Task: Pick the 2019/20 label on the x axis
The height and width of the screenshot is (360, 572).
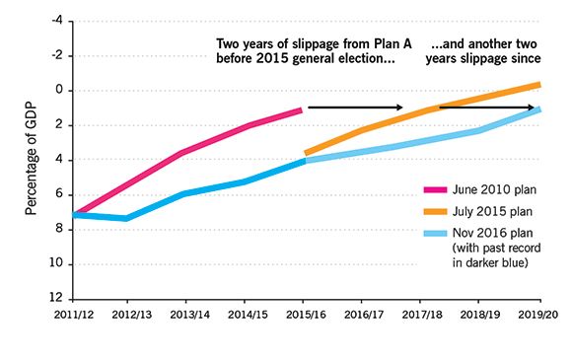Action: tap(538, 314)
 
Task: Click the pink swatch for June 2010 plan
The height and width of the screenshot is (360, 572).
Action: tap(433, 188)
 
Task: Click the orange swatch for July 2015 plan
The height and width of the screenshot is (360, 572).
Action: tap(433, 210)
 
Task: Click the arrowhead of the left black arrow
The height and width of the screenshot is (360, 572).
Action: tap(399, 107)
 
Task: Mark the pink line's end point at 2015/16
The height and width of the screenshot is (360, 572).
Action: tap(302, 109)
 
